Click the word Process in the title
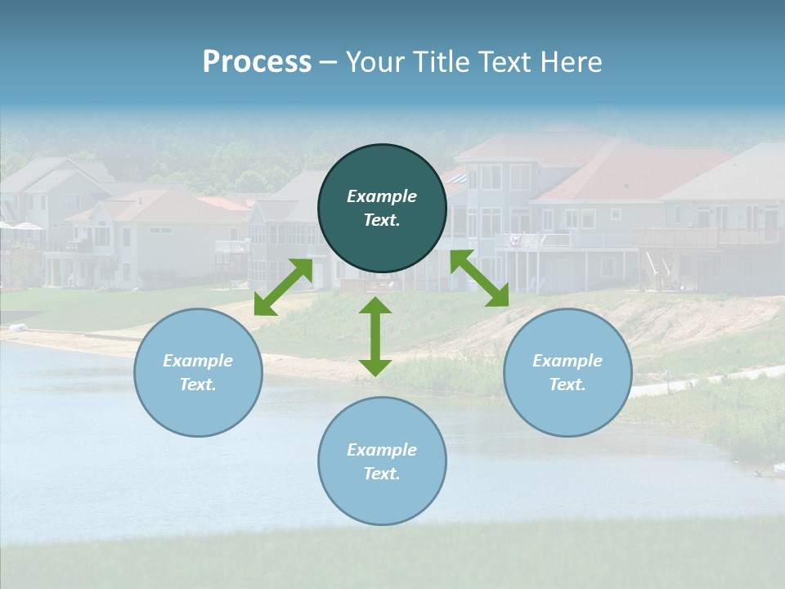257,62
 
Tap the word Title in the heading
444,62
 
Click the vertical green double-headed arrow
375,336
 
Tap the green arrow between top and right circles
479,278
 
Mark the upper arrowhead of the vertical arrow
375,306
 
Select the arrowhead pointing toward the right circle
499,298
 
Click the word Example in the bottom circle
382,450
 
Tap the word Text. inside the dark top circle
382,220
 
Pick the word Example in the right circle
567,361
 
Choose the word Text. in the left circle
198,384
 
